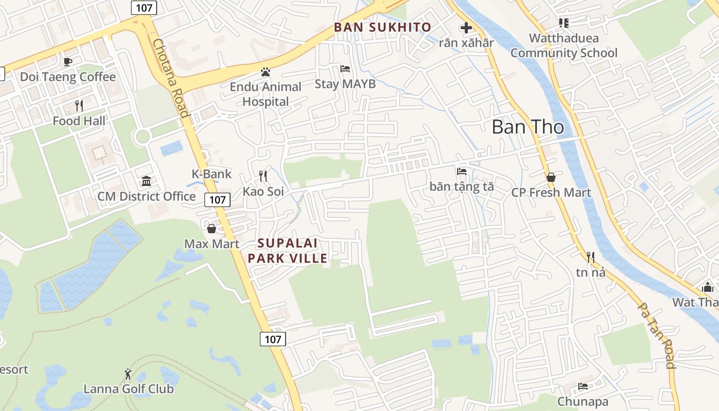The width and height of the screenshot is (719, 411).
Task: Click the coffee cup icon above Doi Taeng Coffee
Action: [67, 62]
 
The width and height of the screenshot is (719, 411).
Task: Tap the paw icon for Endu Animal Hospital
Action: [265, 72]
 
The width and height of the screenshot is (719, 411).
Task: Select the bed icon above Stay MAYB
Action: [345, 68]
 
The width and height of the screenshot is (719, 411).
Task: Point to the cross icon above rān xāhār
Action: [466, 28]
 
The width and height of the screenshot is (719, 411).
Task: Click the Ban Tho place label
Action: [528, 127]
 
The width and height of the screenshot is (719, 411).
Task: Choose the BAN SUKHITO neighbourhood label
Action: [383, 27]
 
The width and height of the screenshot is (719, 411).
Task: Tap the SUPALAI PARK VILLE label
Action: [288, 251]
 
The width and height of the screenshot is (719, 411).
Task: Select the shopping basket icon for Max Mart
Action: [212, 229]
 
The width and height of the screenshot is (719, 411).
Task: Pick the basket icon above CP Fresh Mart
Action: [551, 177]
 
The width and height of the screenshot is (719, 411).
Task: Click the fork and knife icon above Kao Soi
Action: [263, 176]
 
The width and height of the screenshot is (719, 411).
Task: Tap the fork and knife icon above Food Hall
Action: [79, 106]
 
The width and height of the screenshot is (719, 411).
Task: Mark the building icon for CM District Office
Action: [146, 181]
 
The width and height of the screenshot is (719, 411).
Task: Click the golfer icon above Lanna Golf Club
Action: [128, 374]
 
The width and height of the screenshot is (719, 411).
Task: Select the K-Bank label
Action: [212, 174]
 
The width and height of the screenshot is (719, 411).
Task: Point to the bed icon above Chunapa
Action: [583, 386]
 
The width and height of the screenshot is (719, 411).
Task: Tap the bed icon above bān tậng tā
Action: [462, 172]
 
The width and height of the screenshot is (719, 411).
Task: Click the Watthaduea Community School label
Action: [563, 45]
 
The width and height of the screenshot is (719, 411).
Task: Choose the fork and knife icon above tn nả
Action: [591, 257]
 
